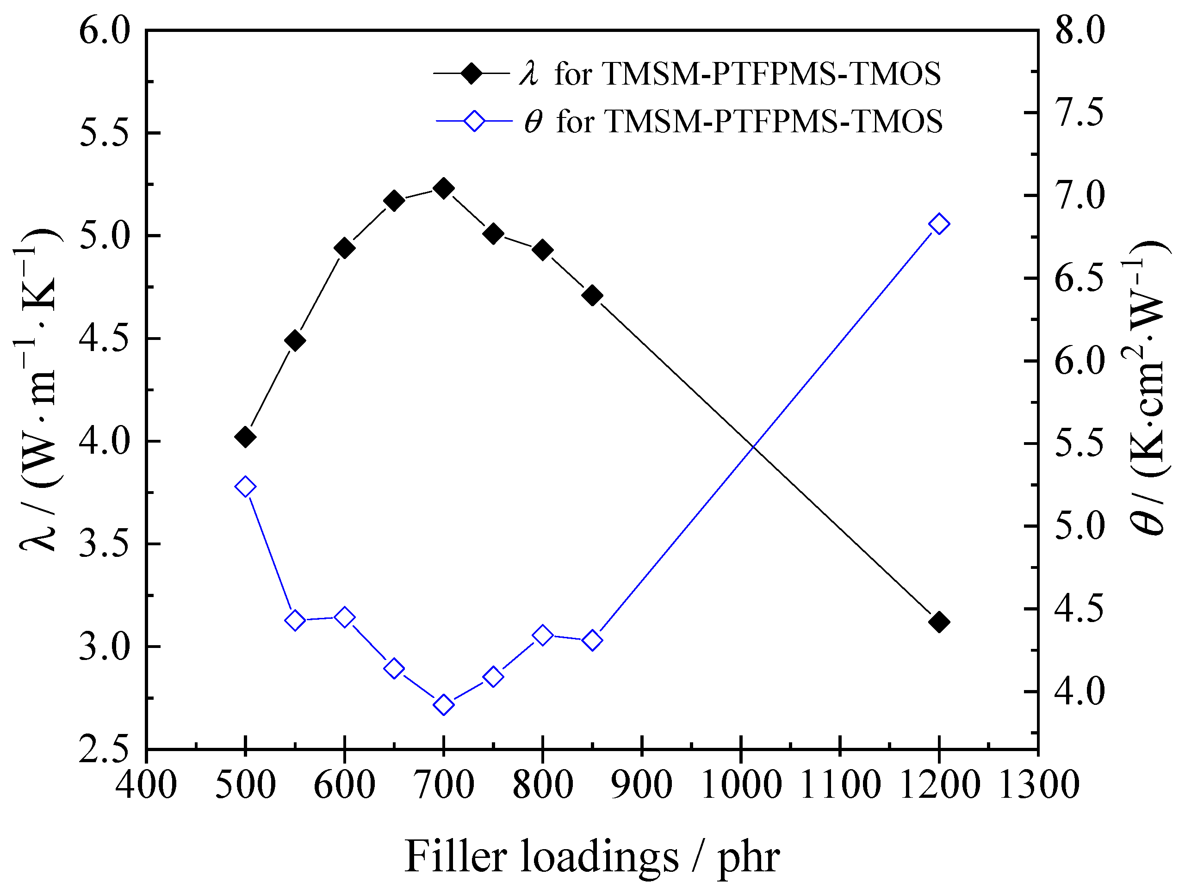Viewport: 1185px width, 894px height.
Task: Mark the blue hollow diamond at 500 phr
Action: point(245,487)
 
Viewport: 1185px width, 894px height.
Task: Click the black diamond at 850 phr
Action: point(592,295)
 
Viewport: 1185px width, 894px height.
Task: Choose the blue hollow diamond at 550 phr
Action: point(295,621)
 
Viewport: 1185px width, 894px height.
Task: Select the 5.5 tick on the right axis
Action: point(1080,444)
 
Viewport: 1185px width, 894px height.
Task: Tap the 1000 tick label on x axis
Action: point(741,786)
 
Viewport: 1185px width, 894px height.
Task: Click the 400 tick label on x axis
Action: point(146,786)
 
